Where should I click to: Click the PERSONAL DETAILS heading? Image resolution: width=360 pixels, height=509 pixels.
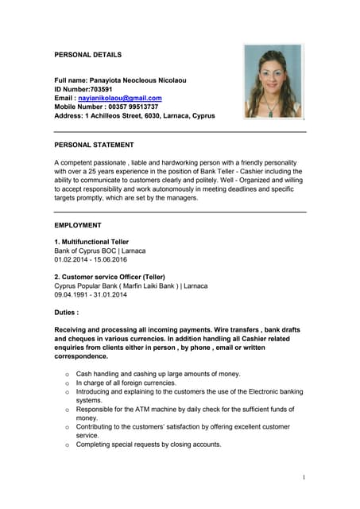pos(88,55)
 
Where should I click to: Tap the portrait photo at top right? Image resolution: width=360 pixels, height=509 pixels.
pos(273,81)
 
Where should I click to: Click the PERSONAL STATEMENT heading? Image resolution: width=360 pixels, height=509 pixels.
pos(94,145)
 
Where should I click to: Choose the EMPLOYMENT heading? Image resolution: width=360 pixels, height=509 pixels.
pos(78,225)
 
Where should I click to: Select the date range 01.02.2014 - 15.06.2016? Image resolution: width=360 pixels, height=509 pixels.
pos(91,259)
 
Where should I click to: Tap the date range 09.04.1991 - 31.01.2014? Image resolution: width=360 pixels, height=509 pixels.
pos(91,294)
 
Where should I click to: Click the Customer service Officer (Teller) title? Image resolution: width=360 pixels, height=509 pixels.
pos(114,277)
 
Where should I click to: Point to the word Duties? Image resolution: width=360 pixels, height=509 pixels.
pos(66,313)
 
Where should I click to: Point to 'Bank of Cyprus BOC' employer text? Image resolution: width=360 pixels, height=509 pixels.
pos(88,251)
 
